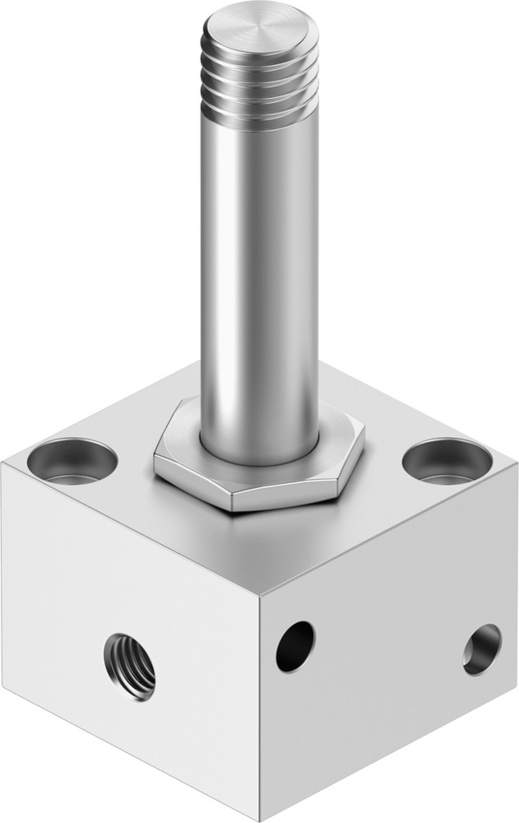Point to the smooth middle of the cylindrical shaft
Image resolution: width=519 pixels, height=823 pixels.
(260, 272)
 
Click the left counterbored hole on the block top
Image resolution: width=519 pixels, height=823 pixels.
(72, 460)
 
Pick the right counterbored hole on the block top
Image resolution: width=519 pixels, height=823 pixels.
(447, 459)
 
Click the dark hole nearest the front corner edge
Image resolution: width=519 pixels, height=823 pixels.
(294, 646)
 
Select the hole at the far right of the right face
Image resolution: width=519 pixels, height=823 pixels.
(481, 649)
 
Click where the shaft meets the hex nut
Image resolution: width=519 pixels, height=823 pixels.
(259, 457)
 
